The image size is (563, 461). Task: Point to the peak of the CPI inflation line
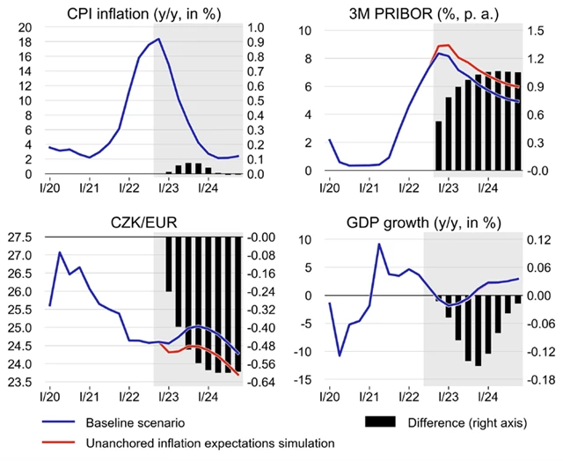(x=157, y=40)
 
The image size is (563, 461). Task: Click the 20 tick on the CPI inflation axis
(x=26, y=26)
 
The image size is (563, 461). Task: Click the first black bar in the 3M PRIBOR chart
(x=438, y=146)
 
